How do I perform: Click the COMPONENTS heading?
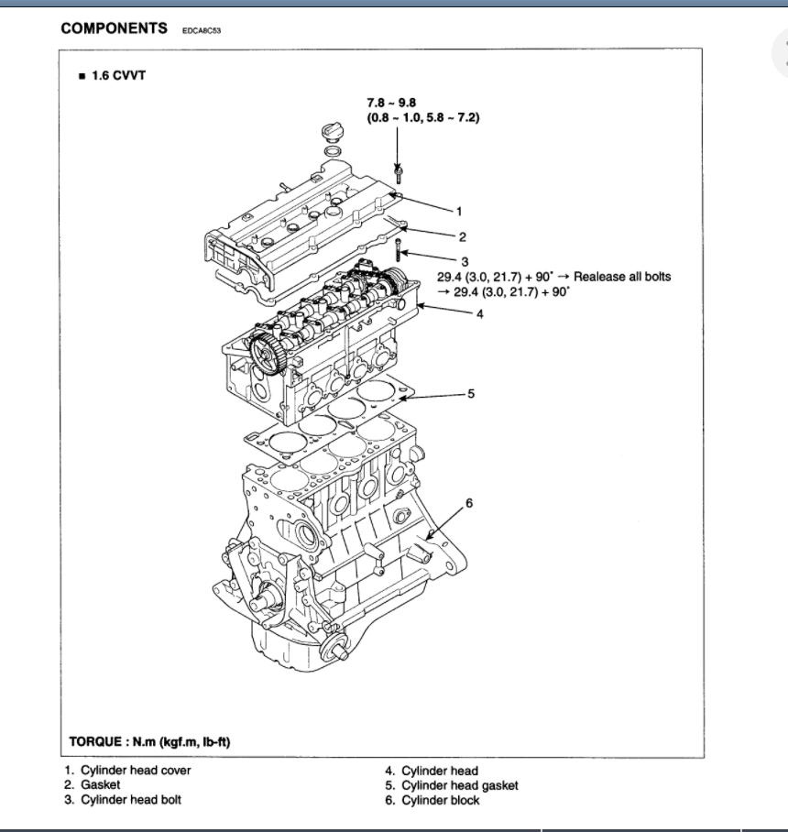[114, 28]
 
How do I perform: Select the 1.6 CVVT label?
[118, 75]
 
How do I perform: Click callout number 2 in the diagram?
[463, 236]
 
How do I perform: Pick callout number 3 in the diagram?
[465, 261]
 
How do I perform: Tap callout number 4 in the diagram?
[479, 313]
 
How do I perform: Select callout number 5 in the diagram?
[471, 394]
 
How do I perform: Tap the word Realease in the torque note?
[599, 277]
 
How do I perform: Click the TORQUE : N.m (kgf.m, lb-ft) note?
[149, 740]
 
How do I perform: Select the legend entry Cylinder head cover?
[136, 771]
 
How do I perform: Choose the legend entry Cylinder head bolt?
[131, 800]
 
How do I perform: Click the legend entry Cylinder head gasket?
[459, 785]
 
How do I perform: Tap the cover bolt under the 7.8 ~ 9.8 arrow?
[398, 171]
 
